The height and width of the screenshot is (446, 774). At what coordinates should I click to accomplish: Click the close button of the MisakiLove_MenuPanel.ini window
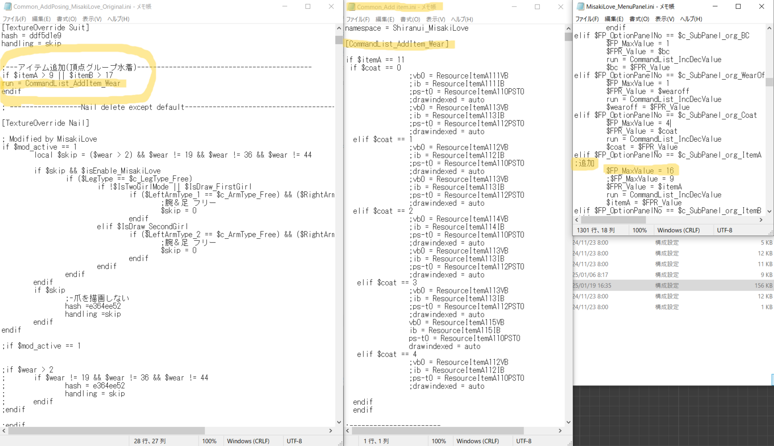coord(762,7)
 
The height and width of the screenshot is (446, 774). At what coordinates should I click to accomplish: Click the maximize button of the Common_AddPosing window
coord(308,7)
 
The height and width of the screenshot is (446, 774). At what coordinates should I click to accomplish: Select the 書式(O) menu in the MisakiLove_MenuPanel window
coord(639,19)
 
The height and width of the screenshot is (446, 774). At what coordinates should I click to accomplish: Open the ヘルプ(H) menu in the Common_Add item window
coord(462,19)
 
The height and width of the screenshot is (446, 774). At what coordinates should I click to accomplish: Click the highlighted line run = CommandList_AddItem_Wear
coord(61,83)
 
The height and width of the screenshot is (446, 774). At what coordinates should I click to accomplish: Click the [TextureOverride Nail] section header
coord(45,123)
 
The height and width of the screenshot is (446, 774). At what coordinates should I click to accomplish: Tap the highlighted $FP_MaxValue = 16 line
coord(640,171)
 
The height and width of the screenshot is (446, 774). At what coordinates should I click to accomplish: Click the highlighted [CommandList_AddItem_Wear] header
coord(397,44)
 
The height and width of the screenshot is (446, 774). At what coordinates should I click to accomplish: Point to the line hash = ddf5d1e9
coord(31,36)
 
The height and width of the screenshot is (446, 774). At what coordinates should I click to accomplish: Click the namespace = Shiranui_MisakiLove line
coord(407,28)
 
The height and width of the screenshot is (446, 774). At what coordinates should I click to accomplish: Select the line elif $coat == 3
coord(387,283)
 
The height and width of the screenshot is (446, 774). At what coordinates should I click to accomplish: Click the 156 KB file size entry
coord(763,285)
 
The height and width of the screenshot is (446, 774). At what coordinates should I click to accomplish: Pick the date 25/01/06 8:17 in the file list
coord(590,275)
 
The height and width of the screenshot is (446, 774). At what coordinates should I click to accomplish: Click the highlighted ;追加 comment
coord(585,164)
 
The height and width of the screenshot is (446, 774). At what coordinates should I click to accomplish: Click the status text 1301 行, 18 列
coord(596,230)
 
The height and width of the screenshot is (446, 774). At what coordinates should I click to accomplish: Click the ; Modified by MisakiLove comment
coord(50,139)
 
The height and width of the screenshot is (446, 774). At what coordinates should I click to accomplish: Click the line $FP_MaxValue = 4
coord(638,123)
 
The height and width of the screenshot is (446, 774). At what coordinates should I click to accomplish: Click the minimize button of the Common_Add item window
coord(514,7)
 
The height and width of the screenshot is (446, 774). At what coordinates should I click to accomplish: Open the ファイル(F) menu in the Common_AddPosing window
coord(14,19)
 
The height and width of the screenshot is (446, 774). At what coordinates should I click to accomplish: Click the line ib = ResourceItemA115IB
coord(454,330)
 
